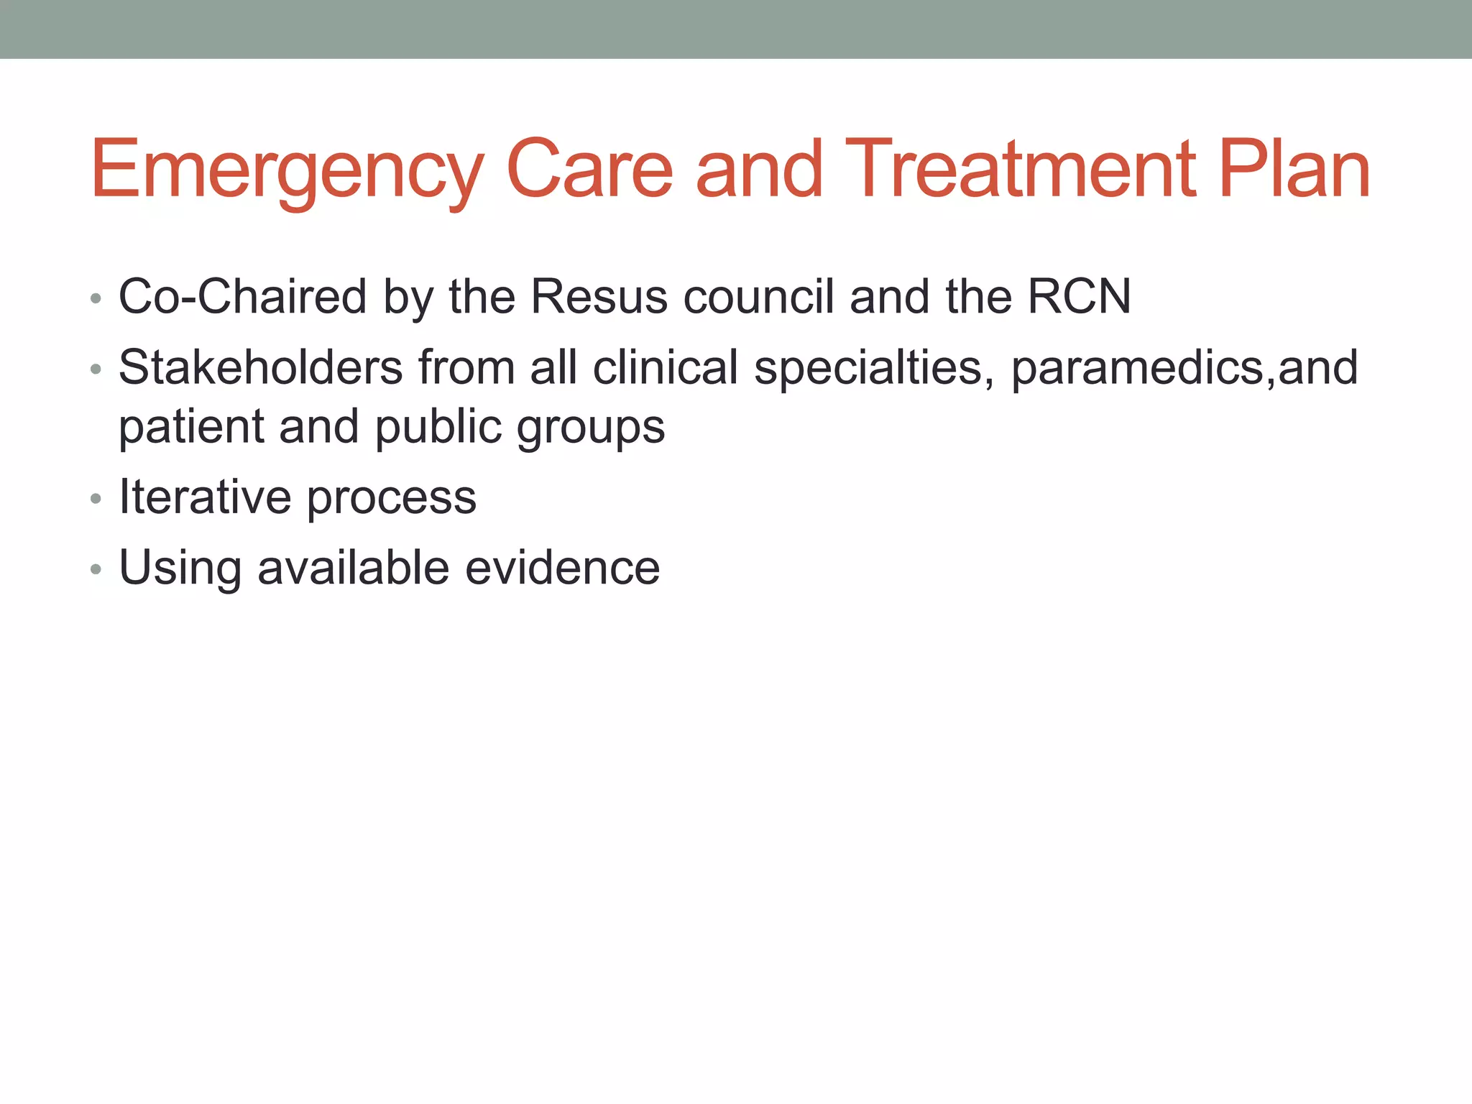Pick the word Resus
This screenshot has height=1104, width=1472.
(599, 296)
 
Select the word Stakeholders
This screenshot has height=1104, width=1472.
(260, 367)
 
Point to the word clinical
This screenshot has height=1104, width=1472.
(666, 367)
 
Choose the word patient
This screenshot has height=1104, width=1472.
(191, 428)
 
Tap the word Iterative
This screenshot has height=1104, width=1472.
(205, 497)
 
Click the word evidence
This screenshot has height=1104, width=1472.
(562, 568)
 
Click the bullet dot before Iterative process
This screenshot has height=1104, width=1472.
(96, 498)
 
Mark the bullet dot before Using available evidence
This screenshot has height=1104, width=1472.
(96, 569)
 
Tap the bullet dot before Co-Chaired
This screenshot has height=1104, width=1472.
(96, 298)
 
